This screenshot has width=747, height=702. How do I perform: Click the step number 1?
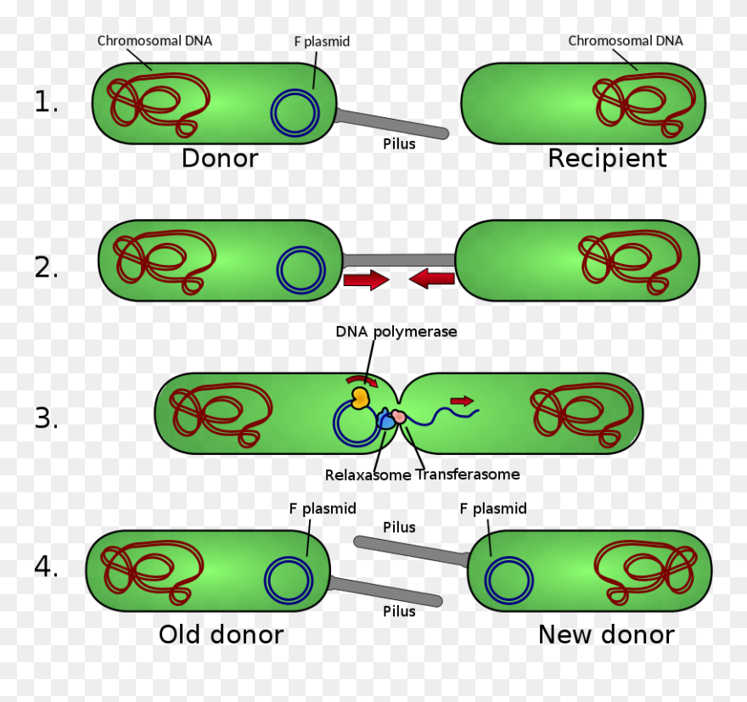tap(46, 103)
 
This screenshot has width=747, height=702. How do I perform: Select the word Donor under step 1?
tap(219, 159)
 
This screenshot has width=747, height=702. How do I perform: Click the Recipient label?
tap(607, 159)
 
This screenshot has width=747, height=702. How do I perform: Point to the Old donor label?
tap(221, 635)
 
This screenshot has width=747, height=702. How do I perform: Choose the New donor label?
tap(606, 635)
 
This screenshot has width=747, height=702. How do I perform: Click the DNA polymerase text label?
tap(396, 332)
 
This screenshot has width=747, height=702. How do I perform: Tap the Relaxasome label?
tap(368, 475)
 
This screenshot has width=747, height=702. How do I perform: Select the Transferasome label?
tap(468, 475)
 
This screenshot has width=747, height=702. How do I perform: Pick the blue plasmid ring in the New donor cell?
tap(509, 581)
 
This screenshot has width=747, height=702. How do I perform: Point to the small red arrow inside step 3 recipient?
tap(462, 401)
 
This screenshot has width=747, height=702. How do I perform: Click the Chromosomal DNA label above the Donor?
tap(154, 41)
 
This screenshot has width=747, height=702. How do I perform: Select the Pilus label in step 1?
tap(399, 144)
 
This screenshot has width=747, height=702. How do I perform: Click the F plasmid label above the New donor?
tap(492, 509)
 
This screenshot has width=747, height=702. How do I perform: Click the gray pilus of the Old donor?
tap(386, 591)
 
